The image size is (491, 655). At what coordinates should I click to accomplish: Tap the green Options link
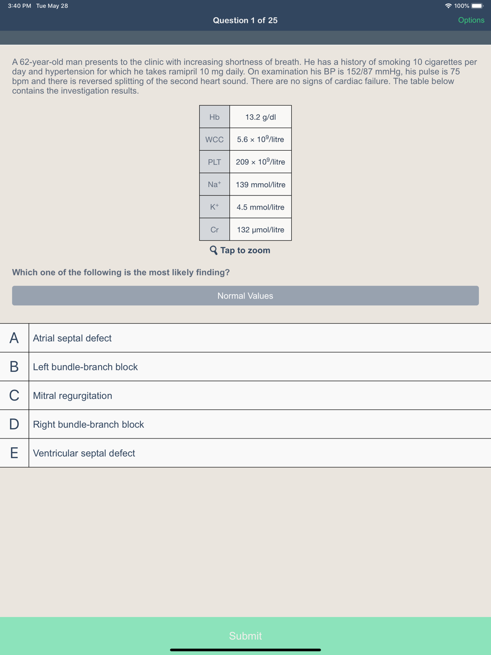click(471, 20)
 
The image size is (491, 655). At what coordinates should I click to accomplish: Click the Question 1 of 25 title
click(245, 20)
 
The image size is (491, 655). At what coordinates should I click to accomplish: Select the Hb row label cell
click(215, 117)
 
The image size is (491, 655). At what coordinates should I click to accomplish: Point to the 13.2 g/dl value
click(260, 117)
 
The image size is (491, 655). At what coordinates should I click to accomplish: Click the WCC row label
click(215, 139)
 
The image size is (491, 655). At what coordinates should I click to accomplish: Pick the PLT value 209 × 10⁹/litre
click(260, 162)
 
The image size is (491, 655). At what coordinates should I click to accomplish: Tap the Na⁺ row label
click(215, 185)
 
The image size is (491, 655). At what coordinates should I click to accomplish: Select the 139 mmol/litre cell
click(260, 185)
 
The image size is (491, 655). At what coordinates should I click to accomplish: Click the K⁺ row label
click(215, 207)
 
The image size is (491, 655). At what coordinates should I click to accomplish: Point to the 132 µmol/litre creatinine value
click(260, 230)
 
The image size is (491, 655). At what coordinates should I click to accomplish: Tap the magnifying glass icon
click(214, 250)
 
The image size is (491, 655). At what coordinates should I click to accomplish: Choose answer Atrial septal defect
click(72, 338)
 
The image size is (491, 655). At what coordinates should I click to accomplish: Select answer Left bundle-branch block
click(85, 367)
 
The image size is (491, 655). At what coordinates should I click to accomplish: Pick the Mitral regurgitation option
click(72, 396)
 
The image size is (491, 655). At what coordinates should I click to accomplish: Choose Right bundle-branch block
click(88, 424)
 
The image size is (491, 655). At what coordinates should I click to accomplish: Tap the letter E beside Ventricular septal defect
click(14, 453)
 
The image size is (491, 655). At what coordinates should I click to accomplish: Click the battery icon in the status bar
click(477, 6)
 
